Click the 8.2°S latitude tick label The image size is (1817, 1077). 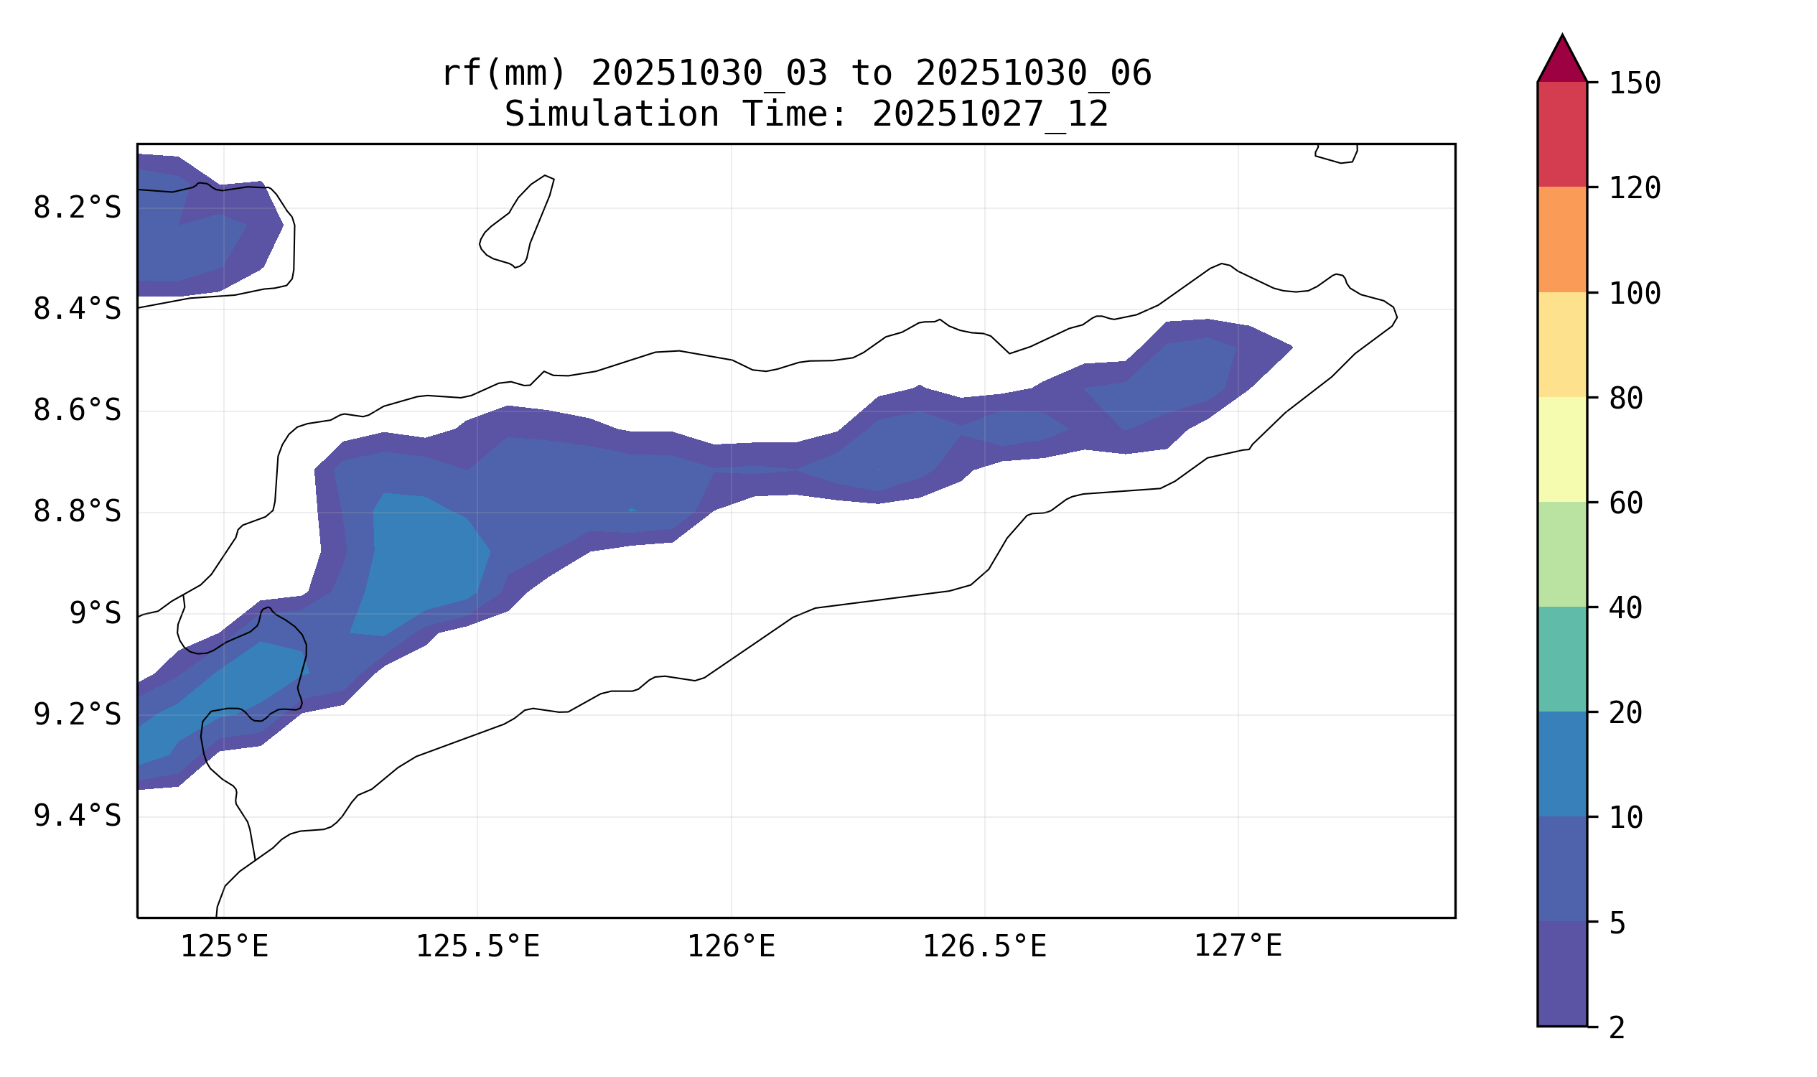click(77, 209)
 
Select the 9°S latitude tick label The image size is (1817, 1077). click(95, 614)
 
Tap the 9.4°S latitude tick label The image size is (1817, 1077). click(77, 816)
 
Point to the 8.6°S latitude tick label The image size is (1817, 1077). click(77, 411)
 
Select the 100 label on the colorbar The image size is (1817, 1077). click(1635, 294)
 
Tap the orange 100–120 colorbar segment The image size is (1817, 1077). click(1562, 240)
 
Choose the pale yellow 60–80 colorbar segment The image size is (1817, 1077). click(1562, 450)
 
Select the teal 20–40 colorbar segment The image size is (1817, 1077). click(1562, 659)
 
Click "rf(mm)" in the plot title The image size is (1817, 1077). click(503, 74)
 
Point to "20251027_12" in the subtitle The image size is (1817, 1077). click(990, 115)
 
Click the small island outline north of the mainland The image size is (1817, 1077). click(517, 221)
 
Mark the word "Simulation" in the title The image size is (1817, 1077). click(611, 115)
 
